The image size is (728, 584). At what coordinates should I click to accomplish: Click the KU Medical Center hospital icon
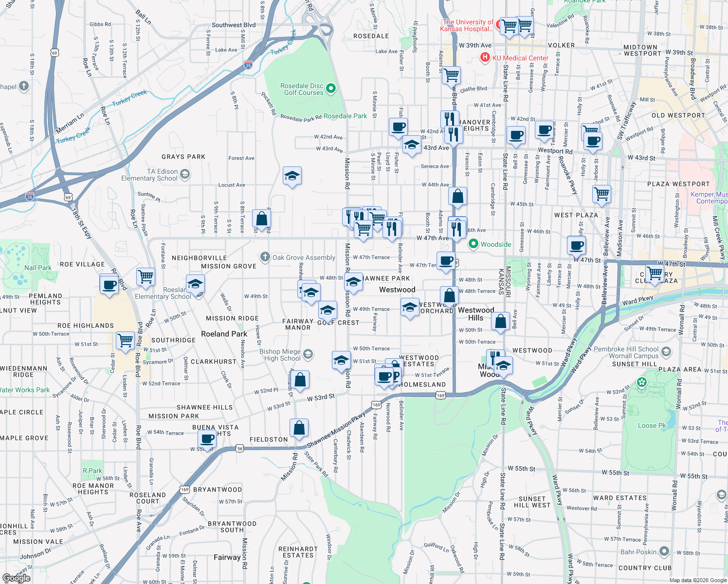pyautogui.click(x=485, y=58)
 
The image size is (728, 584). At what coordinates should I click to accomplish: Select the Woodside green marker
pyautogui.click(x=473, y=244)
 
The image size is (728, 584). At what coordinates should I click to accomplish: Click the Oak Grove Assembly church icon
pyautogui.click(x=265, y=257)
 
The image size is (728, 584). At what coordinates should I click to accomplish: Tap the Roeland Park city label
pyautogui.click(x=224, y=334)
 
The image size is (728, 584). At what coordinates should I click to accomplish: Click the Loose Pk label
pyautogui.click(x=652, y=425)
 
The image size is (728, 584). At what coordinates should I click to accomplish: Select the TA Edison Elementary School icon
pyautogui.click(x=184, y=174)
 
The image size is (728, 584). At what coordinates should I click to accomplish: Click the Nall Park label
pyautogui.click(x=38, y=268)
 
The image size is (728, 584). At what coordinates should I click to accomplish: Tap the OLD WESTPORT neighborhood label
pyautogui.click(x=678, y=115)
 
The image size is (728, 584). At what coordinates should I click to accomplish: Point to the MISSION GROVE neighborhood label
pyautogui.click(x=228, y=266)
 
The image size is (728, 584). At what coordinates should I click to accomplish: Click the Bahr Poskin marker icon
pyautogui.click(x=665, y=552)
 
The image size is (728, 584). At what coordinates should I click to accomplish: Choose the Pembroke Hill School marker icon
pyautogui.click(x=666, y=351)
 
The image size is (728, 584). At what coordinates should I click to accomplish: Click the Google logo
pyautogui.click(x=17, y=578)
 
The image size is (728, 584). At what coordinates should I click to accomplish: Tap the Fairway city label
pyautogui.click(x=227, y=557)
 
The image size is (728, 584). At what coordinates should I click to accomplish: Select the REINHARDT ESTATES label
pyautogui.click(x=298, y=552)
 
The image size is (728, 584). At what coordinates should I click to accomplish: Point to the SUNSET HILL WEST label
pyautogui.click(x=534, y=502)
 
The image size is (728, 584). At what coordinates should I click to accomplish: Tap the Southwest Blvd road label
pyautogui.click(x=234, y=25)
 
